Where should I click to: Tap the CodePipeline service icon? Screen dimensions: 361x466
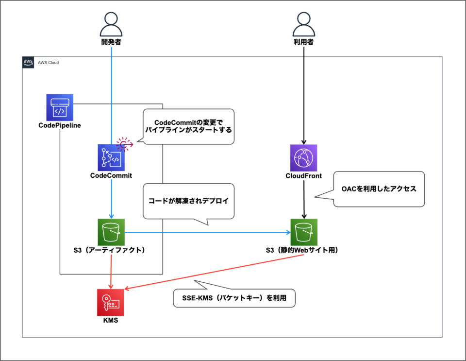pos(60,107)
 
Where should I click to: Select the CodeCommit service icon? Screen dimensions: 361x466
pos(111,157)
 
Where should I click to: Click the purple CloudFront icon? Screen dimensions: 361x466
pos(303,157)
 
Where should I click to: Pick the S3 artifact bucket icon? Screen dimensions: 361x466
pos(111,232)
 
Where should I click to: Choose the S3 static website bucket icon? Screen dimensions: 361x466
pos(303,232)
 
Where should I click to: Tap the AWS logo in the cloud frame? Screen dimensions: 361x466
pos(28,62)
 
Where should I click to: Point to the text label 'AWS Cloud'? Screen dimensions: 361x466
pos(49,63)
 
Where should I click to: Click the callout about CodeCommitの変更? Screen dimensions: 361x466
pos(188,126)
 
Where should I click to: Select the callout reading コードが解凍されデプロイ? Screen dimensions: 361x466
pos(188,200)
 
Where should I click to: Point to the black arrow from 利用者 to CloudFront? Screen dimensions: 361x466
pos(304,97)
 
